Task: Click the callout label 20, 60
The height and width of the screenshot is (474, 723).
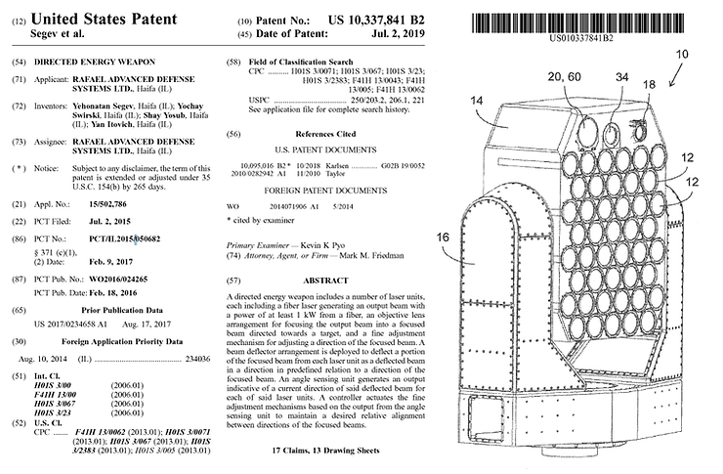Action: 564,76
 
